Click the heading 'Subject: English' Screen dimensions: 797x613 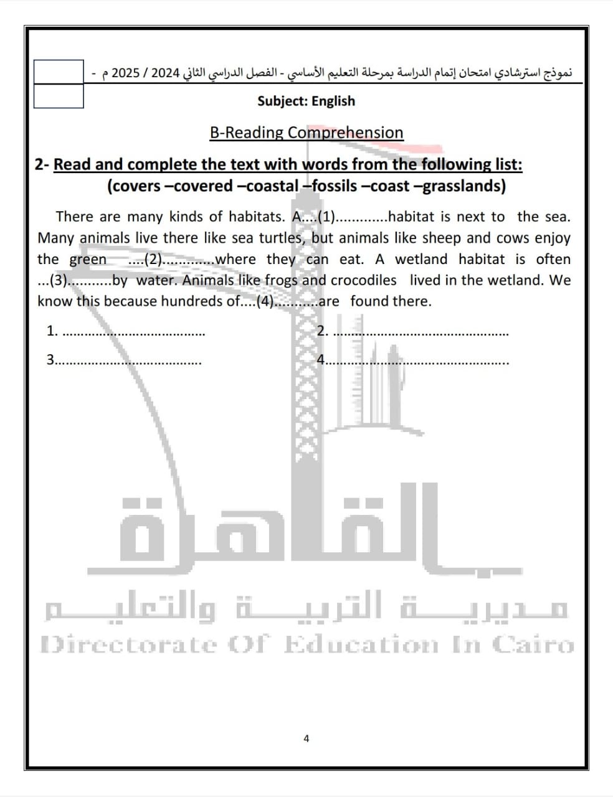(306, 101)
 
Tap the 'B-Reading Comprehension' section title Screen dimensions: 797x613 (306, 133)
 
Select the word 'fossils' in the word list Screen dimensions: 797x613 (335, 186)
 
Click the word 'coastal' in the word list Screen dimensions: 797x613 (272, 186)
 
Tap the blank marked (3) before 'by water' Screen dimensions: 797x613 (75, 281)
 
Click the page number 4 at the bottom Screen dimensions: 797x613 (306, 738)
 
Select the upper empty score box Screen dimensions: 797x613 (59, 72)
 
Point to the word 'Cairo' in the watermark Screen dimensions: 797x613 (533, 644)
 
